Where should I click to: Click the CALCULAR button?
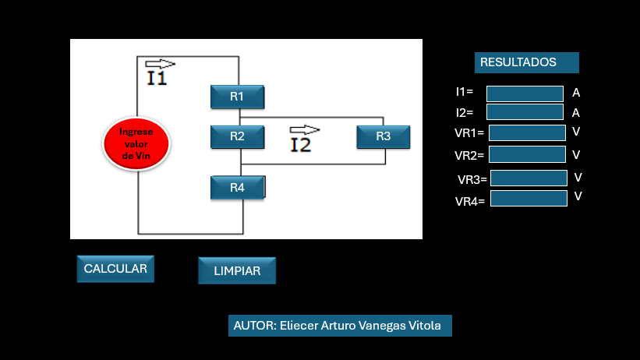coord(115,269)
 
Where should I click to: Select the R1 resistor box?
coord(238,97)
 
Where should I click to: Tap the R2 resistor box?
coord(238,137)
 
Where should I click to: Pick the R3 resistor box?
coord(384,137)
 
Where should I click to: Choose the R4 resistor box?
coord(238,188)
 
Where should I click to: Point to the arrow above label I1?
coord(160,64)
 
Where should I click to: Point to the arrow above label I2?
coord(304,129)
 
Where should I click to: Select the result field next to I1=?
coord(525,94)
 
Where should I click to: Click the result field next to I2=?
coord(525,112)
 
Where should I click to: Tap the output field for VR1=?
coord(527,133)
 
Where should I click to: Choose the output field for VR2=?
coord(527,154)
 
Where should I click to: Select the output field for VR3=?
coord(529,178)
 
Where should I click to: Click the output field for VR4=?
coord(529,199)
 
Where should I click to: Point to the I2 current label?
coord(300,145)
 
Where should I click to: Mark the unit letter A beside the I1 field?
coord(576,93)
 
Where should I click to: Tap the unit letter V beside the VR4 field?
coord(578,196)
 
